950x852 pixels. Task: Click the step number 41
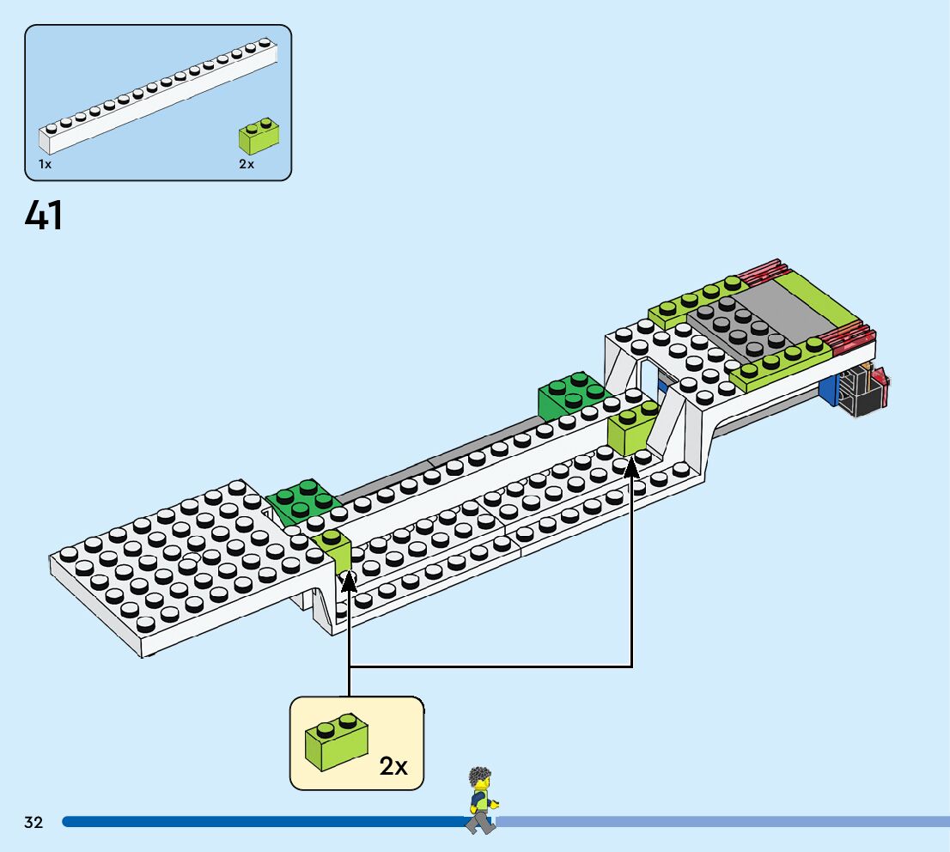coord(44,216)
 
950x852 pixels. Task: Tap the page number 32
coord(33,822)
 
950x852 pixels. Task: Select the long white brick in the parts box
coord(159,94)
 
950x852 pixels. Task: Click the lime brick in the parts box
coord(258,137)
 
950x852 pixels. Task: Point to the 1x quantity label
coord(45,163)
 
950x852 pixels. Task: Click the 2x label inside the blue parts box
coord(247,163)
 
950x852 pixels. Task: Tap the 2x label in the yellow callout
coord(393,766)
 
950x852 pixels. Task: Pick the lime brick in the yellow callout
coord(336,743)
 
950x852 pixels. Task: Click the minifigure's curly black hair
coord(479,779)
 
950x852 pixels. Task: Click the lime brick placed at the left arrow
coord(332,552)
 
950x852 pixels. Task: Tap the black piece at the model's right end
coord(859,391)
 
